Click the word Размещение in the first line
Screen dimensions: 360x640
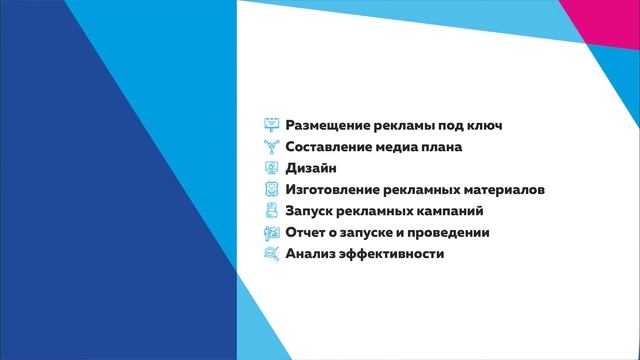click(x=324, y=126)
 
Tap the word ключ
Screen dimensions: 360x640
click(x=481, y=126)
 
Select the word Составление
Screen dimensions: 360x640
click(x=328, y=147)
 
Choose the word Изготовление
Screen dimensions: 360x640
click(x=332, y=190)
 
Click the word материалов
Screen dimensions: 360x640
click(x=503, y=190)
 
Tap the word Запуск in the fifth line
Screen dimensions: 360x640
click(x=311, y=211)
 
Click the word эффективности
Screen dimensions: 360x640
click(x=391, y=254)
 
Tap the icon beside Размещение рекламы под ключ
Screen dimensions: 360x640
click(x=270, y=126)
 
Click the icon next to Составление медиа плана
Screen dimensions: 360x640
click(x=270, y=147)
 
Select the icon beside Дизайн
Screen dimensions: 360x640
click(x=270, y=169)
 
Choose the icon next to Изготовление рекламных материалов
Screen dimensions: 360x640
click(x=270, y=190)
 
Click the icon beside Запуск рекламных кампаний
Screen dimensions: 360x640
click(x=270, y=211)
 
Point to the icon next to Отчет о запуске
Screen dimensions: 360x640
click(x=270, y=233)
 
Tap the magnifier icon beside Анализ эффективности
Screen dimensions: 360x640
click(x=270, y=254)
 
